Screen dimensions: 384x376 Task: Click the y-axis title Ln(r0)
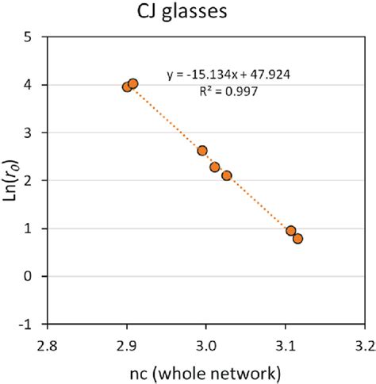(x=13, y=180)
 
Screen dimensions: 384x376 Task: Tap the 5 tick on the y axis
(x=29, y=36)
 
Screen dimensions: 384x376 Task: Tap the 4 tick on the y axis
(x=29, y=85)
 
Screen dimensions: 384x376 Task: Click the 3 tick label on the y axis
(x=29, y=132)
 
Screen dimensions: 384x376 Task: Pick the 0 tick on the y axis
(x=29, y=276)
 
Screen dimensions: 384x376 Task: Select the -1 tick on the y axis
(x=27, y=324)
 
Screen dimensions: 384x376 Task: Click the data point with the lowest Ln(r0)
(x=298, y=239)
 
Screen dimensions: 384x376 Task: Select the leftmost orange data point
(x=127, y=86)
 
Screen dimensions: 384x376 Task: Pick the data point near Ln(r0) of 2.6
(x=202, y=151)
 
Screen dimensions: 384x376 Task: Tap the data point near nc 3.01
(x=215, y=167)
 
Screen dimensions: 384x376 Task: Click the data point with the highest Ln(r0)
(x=133, y=83)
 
